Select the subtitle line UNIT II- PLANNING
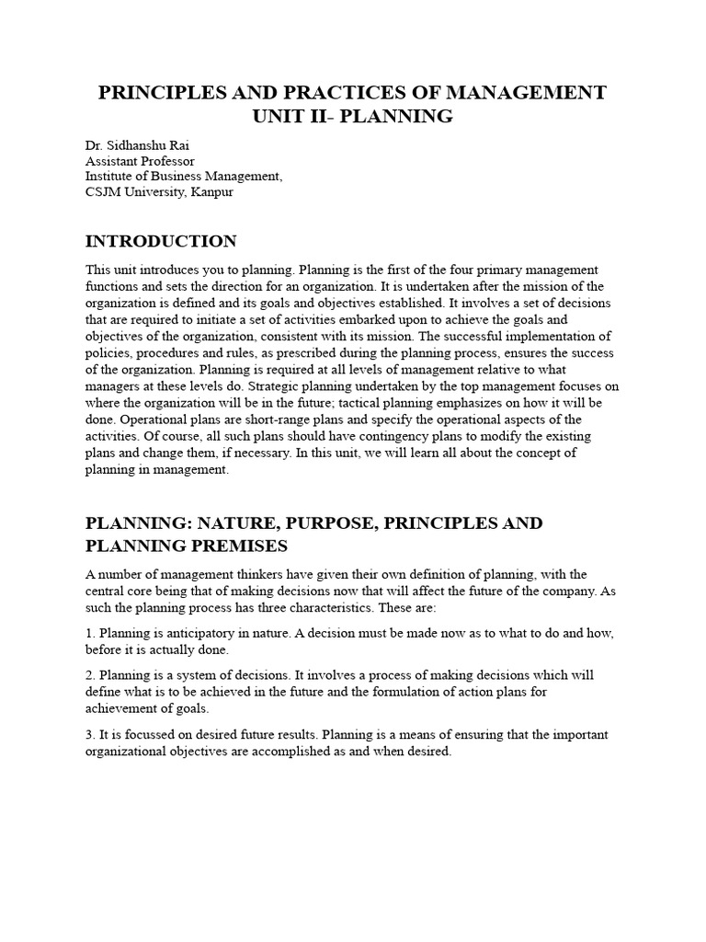353,116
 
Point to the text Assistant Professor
140,161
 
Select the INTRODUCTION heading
161,242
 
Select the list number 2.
89,674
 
